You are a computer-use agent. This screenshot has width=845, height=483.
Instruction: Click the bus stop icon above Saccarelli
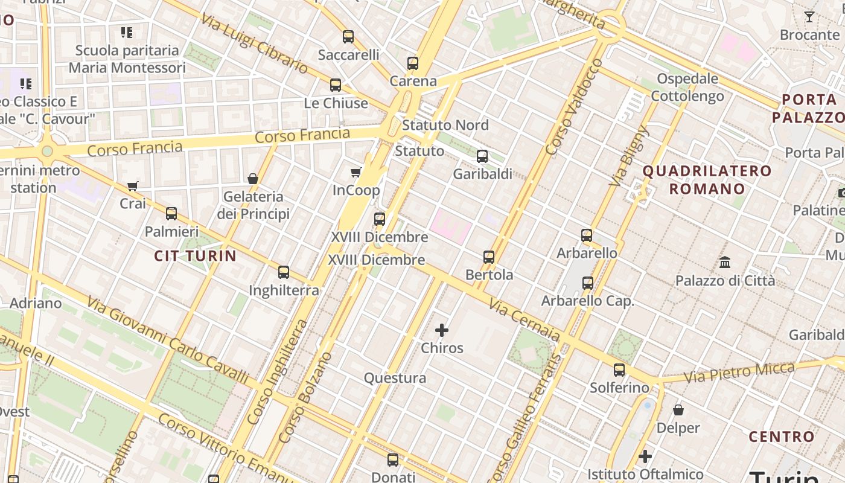click(348, 37)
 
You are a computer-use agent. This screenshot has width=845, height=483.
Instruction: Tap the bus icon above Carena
click(413, 63)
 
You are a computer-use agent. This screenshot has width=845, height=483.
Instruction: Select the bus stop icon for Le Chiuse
click(336, 85)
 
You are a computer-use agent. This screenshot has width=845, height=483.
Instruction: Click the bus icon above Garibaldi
click(482, 156)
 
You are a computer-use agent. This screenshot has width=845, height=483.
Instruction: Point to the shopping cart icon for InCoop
click(356, 173)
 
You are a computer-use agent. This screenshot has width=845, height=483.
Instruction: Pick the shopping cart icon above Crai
click(133, 186)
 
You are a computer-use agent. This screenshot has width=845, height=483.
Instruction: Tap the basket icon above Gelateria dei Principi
click(253, 179)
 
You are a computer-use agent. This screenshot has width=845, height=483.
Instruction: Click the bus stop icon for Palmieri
click(171, 214)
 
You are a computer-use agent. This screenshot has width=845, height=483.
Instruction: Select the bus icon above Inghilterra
click(284, 272)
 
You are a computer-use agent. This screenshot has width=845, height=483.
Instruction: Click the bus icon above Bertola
click(489, 257)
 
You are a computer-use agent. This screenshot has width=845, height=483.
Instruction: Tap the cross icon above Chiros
click(442, 330)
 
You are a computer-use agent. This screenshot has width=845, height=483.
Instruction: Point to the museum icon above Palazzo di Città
click(725, 263)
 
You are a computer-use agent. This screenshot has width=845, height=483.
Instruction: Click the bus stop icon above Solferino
click(619, 370)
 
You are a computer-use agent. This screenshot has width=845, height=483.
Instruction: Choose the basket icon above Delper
click(678, 410)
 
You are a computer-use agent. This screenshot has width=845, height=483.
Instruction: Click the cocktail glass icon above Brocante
click(809, 17)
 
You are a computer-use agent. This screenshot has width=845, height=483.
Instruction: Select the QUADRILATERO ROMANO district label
click(707, 180)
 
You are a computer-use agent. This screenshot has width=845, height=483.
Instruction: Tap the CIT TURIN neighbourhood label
click(195, 256)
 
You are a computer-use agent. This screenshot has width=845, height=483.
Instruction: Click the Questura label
click(395, 379)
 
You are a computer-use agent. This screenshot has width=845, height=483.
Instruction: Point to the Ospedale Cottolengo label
click(687, 88)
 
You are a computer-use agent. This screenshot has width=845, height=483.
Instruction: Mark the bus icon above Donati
click(393, 460)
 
